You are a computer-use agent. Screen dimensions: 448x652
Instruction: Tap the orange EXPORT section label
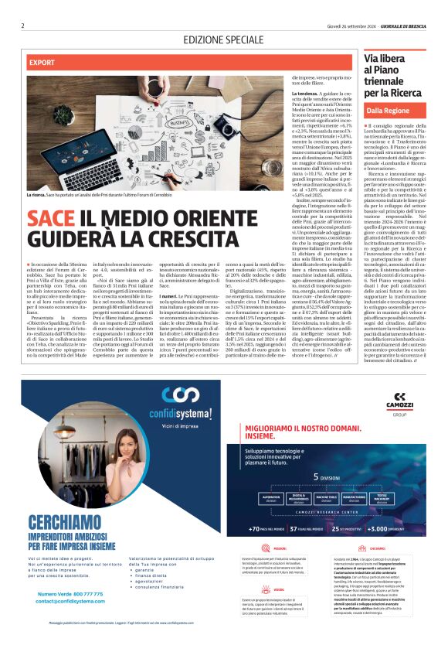(42, 61)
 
